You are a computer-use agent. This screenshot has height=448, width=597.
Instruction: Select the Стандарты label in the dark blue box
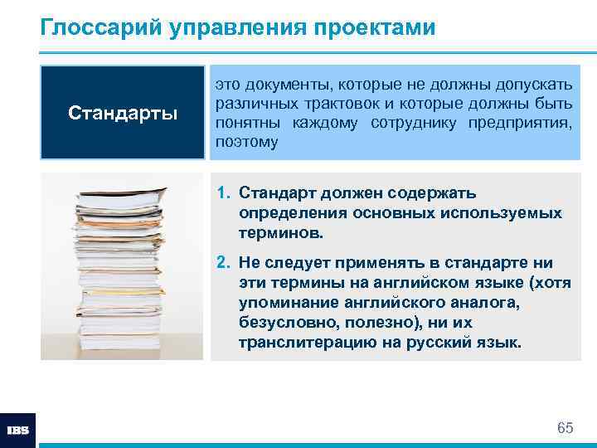pos(123,112)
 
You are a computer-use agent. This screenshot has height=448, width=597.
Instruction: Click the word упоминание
pos(287,304)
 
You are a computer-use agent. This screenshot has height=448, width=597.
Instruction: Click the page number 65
pos(565,428)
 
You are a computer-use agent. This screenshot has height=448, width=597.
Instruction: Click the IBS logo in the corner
pos(18,430)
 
